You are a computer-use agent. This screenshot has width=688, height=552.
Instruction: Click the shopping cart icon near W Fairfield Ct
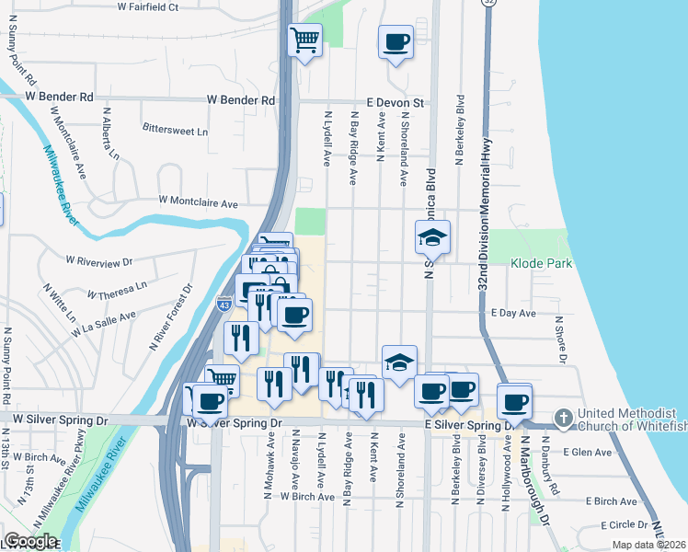point(304,40)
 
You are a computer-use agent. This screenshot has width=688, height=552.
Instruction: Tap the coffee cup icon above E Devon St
point(396,42)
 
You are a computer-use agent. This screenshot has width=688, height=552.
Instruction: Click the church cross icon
point(564,418)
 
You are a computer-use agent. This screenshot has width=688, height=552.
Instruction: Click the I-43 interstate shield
point(224,304)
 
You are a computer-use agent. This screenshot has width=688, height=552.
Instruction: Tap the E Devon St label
point(395,103)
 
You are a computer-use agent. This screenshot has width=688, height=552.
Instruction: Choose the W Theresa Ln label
point(117,290)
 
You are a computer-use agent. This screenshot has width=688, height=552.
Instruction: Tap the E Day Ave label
point(513,314)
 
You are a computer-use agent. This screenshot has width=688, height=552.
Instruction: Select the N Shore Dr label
point(558,338)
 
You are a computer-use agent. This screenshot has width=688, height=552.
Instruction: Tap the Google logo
point(29,541)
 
